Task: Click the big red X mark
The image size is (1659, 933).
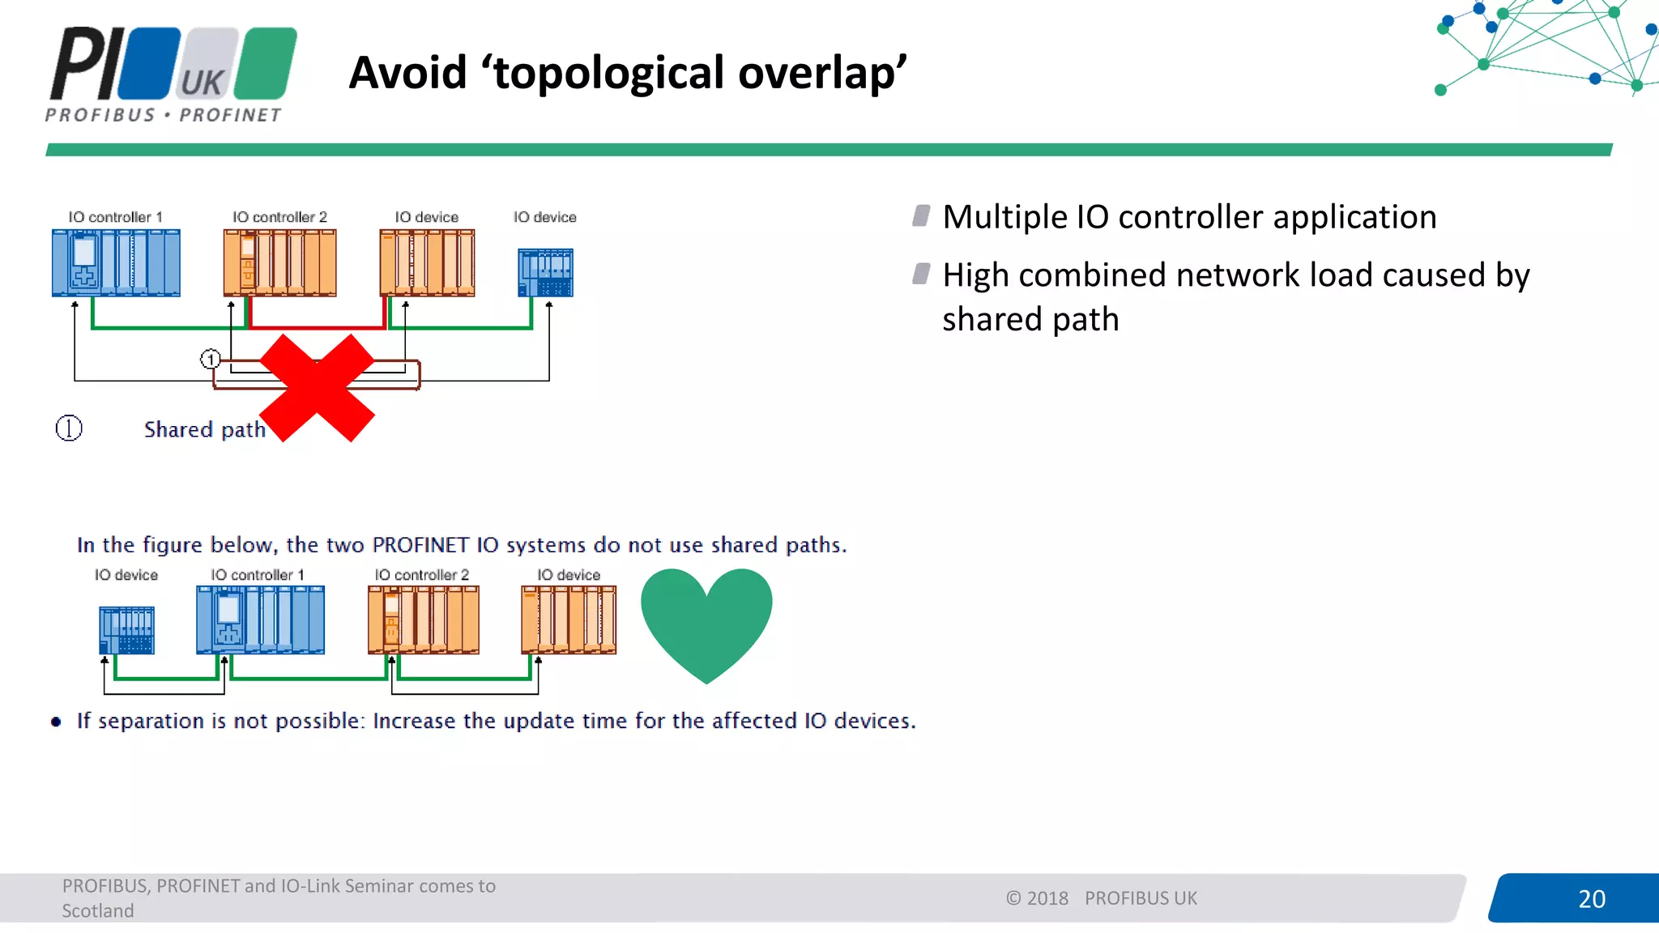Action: point(318,388)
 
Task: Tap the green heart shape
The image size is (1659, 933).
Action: point(706,620)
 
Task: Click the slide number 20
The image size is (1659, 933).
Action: point(1591,898)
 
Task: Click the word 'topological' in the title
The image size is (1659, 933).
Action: point(608,73)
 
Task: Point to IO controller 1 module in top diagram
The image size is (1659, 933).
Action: point(116,262)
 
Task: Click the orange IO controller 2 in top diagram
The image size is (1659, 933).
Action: point(279,262)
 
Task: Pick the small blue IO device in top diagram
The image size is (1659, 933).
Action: point(545,272)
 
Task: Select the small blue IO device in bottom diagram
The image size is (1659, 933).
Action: point(126,629)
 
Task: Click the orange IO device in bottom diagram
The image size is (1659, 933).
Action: point(569,620)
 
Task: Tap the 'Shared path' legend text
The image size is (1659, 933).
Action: point(205,429)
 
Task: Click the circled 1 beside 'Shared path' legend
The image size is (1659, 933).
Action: point(69,428)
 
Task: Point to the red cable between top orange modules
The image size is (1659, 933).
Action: point(316,326)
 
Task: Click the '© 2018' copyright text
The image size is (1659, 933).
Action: point(1037,898)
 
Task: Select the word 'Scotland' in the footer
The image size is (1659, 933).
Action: point(98,910)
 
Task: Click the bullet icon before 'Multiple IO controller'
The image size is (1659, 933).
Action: point(921,215)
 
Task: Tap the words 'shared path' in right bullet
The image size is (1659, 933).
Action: point(1030,319)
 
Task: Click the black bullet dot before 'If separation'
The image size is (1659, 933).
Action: point(56,722)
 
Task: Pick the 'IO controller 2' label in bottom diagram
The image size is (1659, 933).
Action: point(421,574)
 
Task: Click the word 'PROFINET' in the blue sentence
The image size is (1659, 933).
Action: point(420,545)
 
